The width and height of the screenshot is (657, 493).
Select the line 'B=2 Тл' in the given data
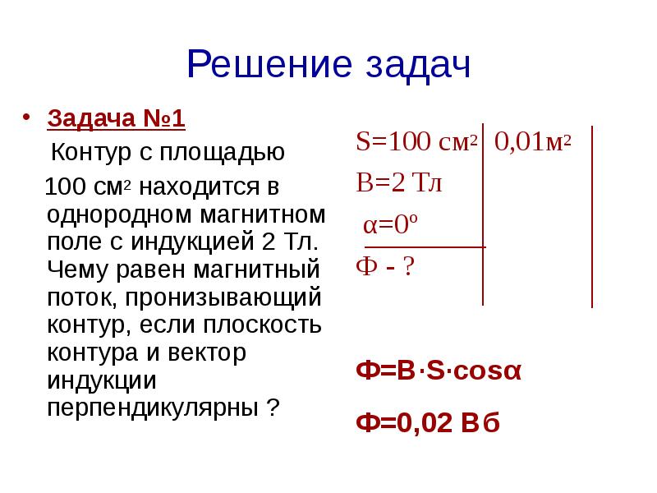tap(398, 182)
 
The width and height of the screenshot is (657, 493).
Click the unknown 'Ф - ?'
tap(384, 268)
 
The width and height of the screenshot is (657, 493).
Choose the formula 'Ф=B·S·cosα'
tap(439, 371)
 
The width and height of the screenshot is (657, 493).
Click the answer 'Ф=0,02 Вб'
tap(428, 423)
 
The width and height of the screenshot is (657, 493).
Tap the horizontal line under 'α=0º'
tap(425, 246)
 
